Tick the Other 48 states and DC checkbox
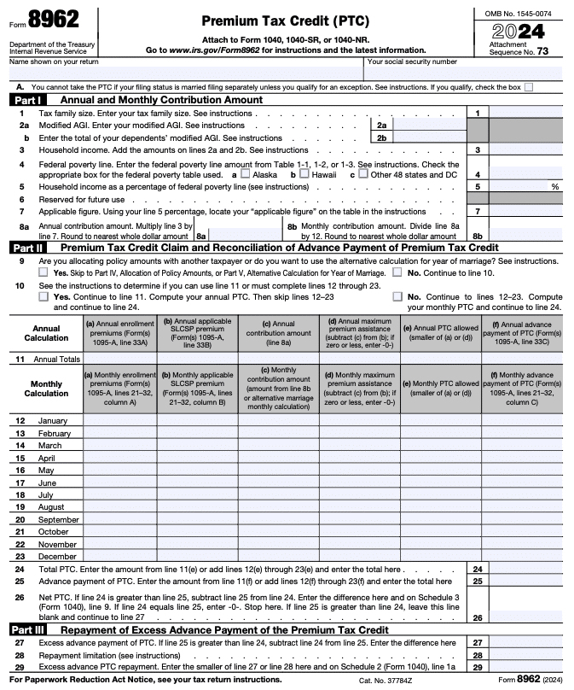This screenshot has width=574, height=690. (x=363, y=173)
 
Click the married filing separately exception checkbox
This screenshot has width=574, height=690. (x=529, y=87)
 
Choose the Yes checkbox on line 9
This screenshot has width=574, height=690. (x=43, y=272)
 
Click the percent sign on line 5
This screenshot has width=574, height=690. (x=554, y=186)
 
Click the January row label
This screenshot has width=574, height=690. (x=53, y=421)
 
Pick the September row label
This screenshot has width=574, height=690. (x=59, y=519)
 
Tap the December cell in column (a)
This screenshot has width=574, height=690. (x=119, y=556)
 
